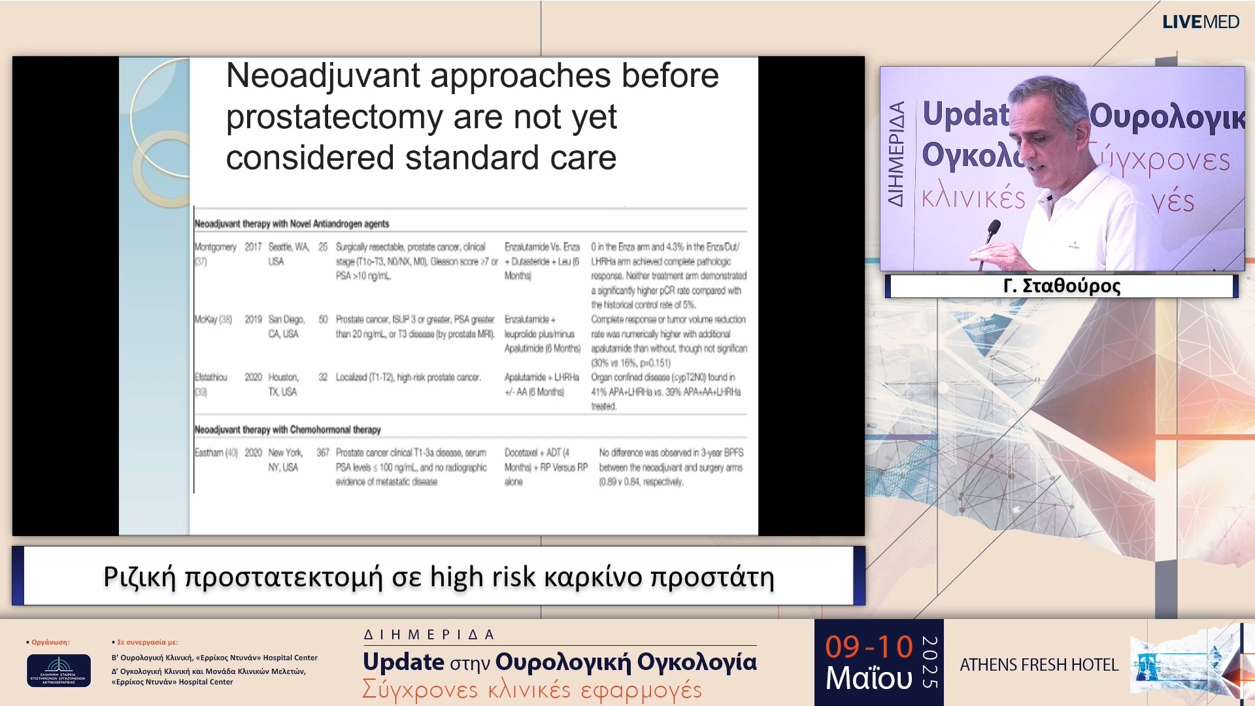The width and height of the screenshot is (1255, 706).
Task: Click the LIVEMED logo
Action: pyautogui.click(x=1200, y=22)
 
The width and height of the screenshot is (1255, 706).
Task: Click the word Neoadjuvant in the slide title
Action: pyautogui.click(x=323, y=76)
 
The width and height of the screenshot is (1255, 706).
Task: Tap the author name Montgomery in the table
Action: pyautogui.click(x=215, y=247)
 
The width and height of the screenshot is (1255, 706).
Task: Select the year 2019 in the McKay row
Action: pyautogui.click(x=253, y=320)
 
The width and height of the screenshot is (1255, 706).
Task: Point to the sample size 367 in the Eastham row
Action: pyautogui.click(x=323, y=452)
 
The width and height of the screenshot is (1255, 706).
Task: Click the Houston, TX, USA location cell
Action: pyautogui.click(x=283, y=384)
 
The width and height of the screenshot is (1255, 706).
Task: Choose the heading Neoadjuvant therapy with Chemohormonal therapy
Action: pyautogui.click(x=288, y=429)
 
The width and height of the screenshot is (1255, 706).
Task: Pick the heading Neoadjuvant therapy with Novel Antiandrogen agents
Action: pyautogui.click(x=292, y=224)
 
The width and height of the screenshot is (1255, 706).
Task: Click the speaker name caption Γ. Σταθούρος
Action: pyautogui.click(x=1062, y=286)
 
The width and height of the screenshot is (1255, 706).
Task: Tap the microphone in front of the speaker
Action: pyautogui.click(x=993, y=230)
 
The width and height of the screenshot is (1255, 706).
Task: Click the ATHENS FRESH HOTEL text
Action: pyautogui.click(x=1039, y=665)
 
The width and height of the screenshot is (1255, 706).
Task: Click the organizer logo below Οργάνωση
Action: pyautogui.click(x=59, y=670)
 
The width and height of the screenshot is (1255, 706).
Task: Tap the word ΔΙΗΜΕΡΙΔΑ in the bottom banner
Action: pyautogui.click(x=429, y=634)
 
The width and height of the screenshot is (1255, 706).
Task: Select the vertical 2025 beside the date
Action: pyautogui.click(x=929, y=662)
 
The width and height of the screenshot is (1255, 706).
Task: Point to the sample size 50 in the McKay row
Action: pyautogui.click(x=323, y=320)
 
